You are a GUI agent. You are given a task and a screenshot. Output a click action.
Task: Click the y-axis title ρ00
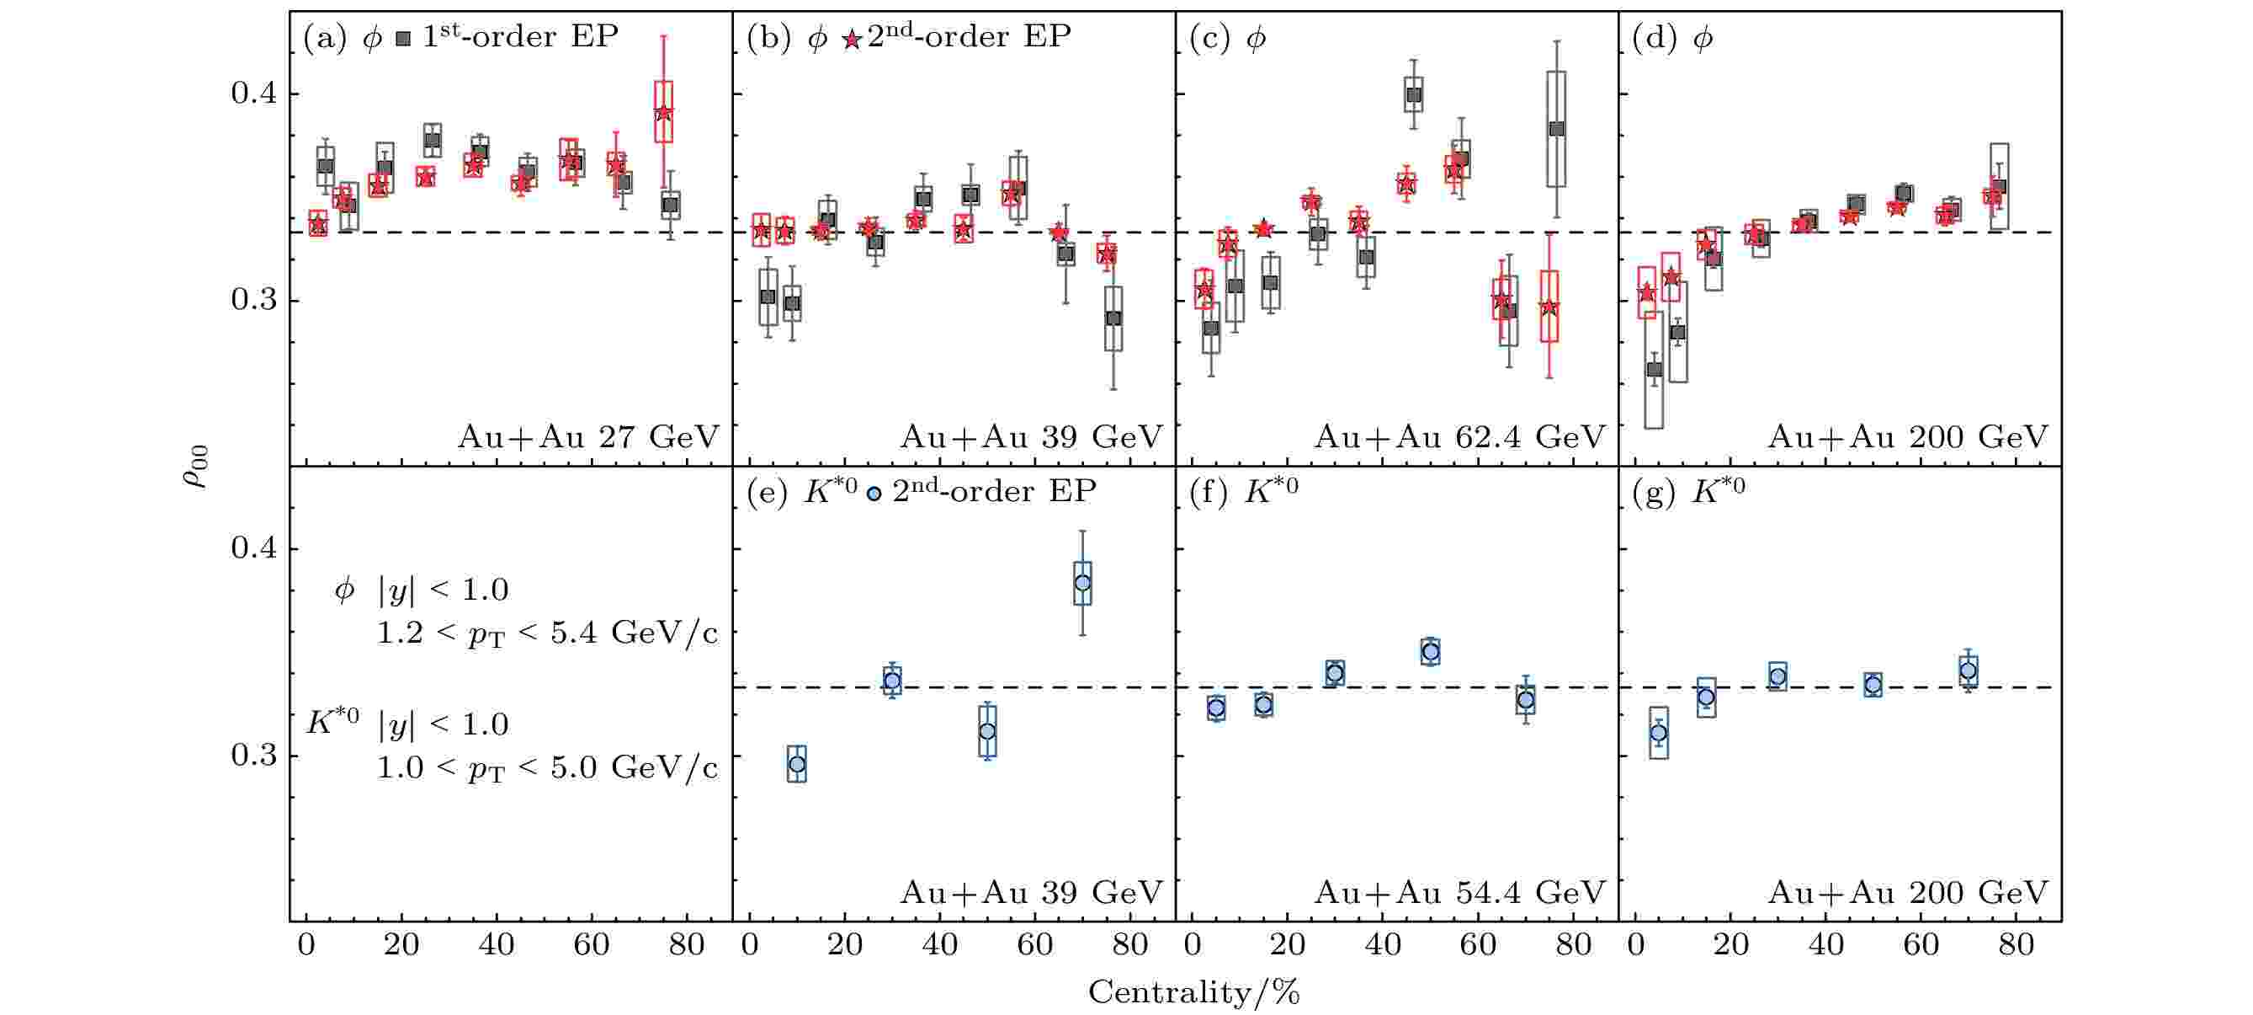[196, 466]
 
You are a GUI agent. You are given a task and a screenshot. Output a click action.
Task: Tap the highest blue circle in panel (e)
[1082, 583]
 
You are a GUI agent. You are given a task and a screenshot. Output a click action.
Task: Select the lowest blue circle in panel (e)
[797, 764]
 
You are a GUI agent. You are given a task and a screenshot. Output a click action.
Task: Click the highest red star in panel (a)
[664, 113]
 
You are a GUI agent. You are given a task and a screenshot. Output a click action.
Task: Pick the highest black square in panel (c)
[1413, 94]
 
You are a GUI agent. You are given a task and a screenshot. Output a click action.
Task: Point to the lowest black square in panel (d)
[1654, 369]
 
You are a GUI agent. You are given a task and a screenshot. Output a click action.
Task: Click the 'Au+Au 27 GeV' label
[587, 436]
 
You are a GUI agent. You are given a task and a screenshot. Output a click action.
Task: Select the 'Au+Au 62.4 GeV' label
[1459, 436]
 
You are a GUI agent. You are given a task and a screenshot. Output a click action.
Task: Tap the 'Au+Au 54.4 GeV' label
[1459, 893]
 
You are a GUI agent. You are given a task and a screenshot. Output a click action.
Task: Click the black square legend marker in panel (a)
[403, 39]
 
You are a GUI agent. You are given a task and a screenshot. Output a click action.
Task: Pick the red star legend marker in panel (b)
[851, 40]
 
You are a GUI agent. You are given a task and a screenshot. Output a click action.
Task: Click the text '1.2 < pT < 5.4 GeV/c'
[547, 633]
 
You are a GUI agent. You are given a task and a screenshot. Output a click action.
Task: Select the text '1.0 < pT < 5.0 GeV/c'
[547, 768]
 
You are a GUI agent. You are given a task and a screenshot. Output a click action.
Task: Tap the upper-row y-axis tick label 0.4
[253, 93]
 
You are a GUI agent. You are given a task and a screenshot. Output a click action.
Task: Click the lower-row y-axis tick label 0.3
[253, 755]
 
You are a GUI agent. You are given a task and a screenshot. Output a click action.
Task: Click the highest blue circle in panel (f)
[1430, 651]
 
